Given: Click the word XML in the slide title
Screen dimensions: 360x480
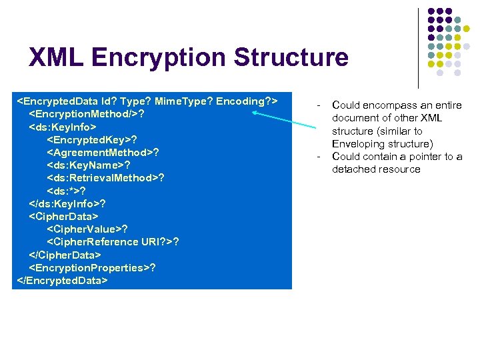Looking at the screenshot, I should click(56, 57).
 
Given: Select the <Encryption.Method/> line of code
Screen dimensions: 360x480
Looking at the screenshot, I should click(87, 113).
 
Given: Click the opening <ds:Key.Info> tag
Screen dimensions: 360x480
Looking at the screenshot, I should click(63, 126).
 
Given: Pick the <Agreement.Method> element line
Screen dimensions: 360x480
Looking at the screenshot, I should click(103, 152).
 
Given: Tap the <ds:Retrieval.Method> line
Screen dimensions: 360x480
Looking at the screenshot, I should click(105, 178).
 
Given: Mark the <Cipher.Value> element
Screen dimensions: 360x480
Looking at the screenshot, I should click(87, 229).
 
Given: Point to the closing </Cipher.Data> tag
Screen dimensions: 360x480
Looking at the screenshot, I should click(65, 255).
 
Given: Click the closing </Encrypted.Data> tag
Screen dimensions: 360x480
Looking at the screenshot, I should click(61, 280).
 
